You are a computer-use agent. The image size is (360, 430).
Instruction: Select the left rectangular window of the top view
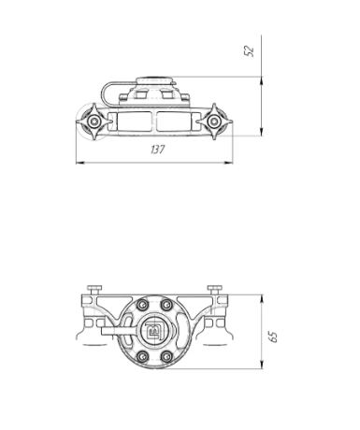(131, 122)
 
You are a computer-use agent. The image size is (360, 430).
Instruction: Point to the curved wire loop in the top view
(112, 91)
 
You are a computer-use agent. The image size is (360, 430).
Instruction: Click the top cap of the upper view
(153, 81)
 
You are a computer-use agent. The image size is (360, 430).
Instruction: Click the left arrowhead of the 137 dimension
(77, 162)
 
